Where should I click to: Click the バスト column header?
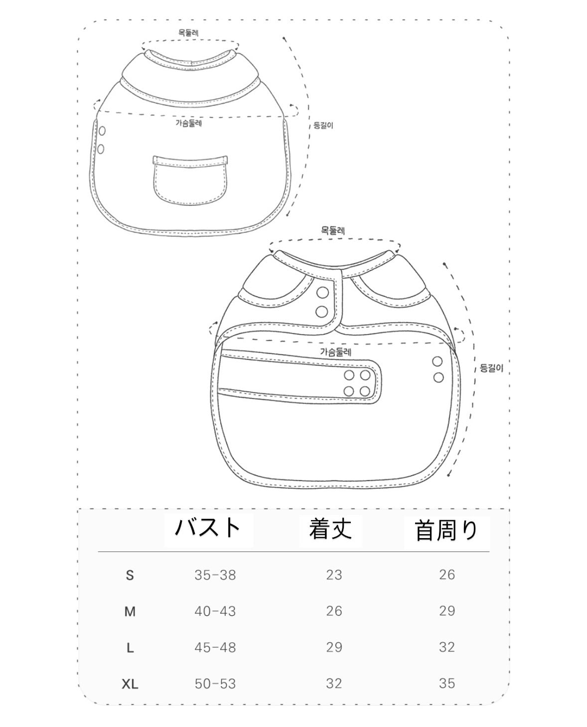pyautogui.click(x=208, y=528)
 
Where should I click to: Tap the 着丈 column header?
pyautogui.click(x=330, y=529)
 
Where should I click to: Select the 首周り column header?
pyautogui.click(x=446, y=530)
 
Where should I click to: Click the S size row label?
pyautogui.click(x=130, y=575)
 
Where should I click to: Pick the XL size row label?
pyautogui.click(x=130, y=684)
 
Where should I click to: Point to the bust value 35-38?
pyautogui.click(x=215, y=575)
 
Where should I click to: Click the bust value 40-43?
pyautogui.click(x=215, y=611)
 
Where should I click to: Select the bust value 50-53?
pyautogui.click(x=215, y=684)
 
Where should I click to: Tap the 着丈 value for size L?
pyautogui.click(x=334, y=647)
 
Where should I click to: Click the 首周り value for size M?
pyautogui.click(x=447, y=611)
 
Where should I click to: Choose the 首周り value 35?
pyautogui.click(x=447, y=684)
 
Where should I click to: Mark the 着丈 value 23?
pyautogui.click(x=334, y=575)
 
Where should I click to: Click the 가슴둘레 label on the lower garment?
pyautogui.click(x=336, y=352)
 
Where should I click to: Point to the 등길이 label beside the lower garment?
pyautogui.click(x=491, y=368)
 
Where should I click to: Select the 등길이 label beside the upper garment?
pyautogui.click(x=323, y=125)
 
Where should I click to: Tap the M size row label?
pyautogui.click(x=130, y=612)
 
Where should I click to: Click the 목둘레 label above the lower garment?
pyautogui.click(x=333, y=231)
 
